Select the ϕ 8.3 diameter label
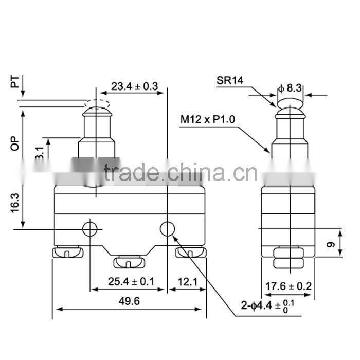pyautogui.click(x=291, y=88)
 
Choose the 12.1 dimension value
pyautogui.click(x=187, y=281)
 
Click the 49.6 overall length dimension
pyautogui.click(x=129, y=301)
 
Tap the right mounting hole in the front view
pyautogui.click(x=167, y=228)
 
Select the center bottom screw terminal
pyautogui.click(x=129, y=262)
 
